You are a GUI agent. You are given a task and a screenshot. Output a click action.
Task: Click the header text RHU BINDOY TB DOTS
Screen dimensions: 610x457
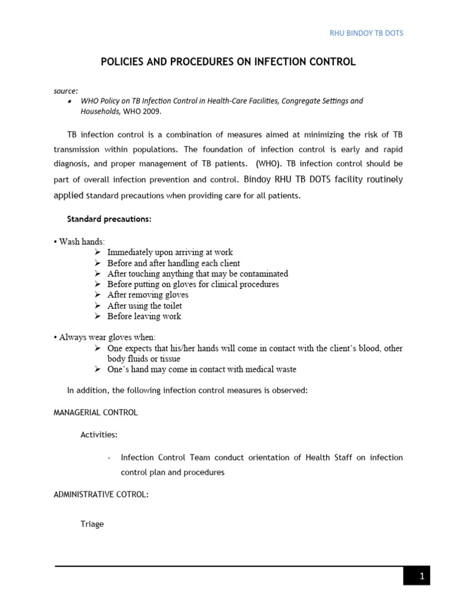pos(366,33)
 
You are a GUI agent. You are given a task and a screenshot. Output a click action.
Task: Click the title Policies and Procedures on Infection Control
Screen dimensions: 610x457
pos(228,62)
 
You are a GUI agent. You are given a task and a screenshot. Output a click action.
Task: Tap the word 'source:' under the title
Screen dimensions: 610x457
pos(66,91)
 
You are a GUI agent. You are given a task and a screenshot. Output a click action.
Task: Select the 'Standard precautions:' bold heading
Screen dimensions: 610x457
pos(109,219)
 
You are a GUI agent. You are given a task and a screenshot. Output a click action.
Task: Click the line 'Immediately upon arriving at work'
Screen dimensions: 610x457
pos(170,253)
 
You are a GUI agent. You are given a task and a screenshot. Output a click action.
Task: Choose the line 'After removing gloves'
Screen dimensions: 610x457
pos(148,295)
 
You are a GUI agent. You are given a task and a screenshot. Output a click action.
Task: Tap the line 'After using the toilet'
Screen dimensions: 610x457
pos(145,306)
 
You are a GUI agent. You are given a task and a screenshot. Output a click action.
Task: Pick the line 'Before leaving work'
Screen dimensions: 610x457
pos(144,316)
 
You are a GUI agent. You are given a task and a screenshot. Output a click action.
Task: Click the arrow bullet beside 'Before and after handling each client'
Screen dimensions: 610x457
pos(98,263)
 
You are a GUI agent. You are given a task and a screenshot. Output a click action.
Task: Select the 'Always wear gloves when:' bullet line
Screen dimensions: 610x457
pos(105,337)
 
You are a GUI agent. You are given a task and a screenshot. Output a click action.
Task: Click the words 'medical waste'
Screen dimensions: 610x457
pos(271,369)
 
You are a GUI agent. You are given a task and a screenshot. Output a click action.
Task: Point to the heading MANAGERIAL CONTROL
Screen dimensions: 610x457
pos(96,412)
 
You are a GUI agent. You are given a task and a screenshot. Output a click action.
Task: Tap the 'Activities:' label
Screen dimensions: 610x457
pos(99,435)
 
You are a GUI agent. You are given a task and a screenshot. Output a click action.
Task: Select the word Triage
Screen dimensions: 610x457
pos(92,524)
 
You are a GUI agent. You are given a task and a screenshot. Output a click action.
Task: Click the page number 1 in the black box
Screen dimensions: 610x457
pos(421,576)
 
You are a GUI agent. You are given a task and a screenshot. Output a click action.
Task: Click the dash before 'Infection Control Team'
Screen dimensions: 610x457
pos(109,458)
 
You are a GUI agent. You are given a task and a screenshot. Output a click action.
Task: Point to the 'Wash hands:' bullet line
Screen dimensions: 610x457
pos(82,242)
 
